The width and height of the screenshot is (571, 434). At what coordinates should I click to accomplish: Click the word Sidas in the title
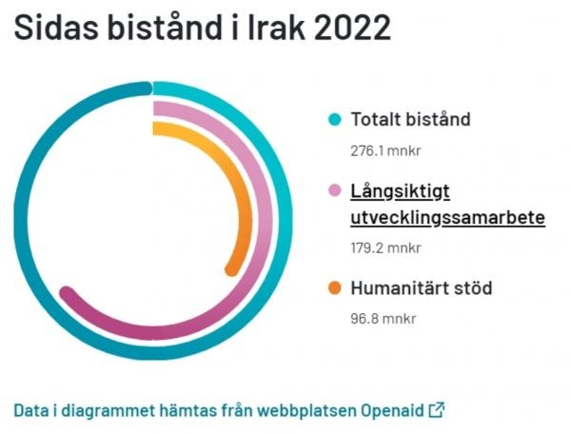click(56, 28)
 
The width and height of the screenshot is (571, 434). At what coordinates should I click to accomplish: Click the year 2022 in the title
click(352, 28)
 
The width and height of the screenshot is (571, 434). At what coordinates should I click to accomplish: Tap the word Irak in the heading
click(276, 28)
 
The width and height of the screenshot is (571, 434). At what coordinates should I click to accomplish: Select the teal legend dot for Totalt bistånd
click(335, 119)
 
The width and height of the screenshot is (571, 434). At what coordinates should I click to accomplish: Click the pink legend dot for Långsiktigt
click(335, 190)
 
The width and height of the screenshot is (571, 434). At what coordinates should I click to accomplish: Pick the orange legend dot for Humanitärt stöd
click(335, 288)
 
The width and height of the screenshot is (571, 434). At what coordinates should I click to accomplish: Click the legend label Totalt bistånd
click(410, 119)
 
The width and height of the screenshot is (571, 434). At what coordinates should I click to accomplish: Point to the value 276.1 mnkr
click(385, 150)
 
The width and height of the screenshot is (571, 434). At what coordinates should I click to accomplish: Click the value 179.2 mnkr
click(385, 248)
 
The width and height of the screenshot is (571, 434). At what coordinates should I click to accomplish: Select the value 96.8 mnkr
click(384, 319)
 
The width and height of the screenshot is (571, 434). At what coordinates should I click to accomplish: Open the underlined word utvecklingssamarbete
click(448, 218)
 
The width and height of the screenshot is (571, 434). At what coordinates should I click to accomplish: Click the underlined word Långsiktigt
click(401, 191)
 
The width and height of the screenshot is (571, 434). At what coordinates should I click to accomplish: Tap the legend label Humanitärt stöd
click(422, 288)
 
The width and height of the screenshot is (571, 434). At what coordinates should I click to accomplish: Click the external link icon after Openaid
click(437, 410)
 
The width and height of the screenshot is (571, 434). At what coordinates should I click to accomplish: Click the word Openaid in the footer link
click(392, 410)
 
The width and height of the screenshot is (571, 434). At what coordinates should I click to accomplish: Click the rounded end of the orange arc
click(232, 269)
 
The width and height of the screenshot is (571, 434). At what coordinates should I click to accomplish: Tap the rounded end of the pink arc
click(67, 293)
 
